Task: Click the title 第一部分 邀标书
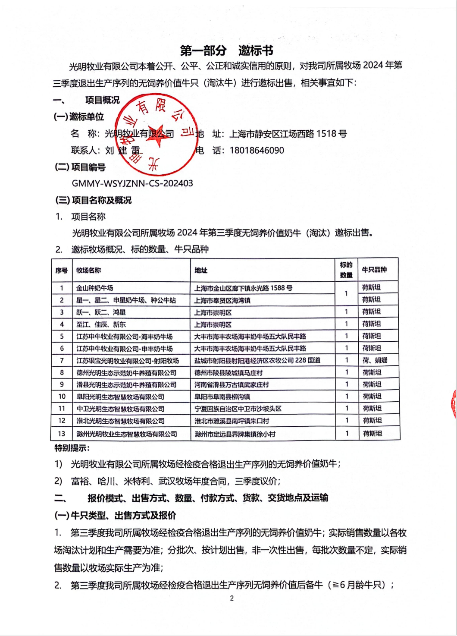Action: [x=226, y=50]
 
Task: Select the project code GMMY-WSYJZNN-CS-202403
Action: [x=132, y=183]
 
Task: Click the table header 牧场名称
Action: [x=88, y=271]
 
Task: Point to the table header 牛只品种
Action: [x=374, y=270]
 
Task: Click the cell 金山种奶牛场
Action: [x=95, y=288]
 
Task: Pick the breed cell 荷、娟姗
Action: [x=375, y=360]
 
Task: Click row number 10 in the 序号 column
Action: [x=62, y=397]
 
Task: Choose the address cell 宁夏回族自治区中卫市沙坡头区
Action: [x=238, y=409]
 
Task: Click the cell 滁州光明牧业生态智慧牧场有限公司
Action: [x=127, y=434]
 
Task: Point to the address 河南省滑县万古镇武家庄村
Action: [x=232, y=384]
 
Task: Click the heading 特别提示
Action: [x=72, y=448]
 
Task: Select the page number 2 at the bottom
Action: [x=232, y=598]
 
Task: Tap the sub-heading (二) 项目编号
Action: [x=80, y=167]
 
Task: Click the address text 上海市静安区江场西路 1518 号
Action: [x=288, y=134]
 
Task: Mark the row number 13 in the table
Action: [x=62, y=434]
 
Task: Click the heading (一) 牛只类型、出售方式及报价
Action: [x=115, y=516]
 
